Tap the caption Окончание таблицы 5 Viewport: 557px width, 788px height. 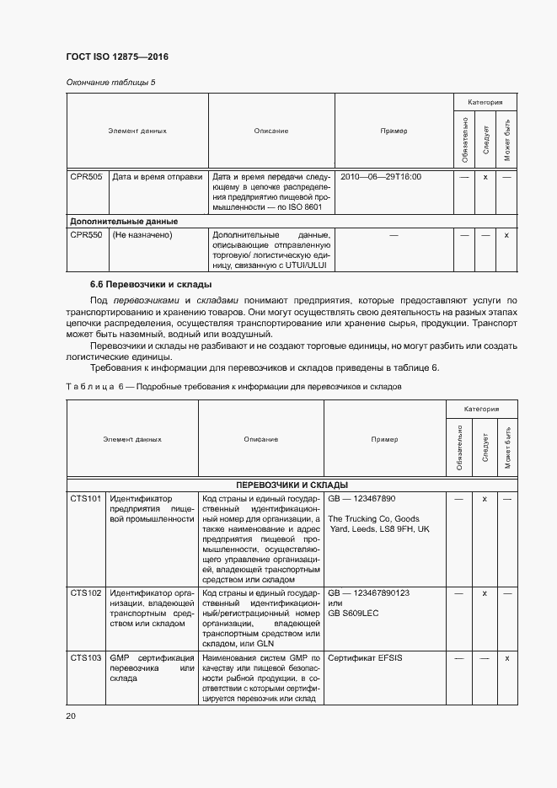(110, 82)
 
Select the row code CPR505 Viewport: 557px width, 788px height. (86, 177)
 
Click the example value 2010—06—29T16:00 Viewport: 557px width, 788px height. (379, 177)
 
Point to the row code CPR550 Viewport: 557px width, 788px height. (86, 235)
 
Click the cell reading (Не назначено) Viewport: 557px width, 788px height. (142, 235)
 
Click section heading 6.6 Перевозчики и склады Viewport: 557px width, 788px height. (151, 284)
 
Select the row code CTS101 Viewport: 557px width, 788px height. (86, 499)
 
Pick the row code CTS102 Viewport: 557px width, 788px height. (86, 593)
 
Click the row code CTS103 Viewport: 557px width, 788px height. (86, 657)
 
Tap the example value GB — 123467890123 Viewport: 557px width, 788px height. (368, 593)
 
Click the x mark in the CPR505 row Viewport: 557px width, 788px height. (485, 177)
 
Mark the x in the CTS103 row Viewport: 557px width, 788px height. (506, 657)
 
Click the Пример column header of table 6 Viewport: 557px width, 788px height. (384, 439)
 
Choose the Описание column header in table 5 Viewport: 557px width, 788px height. (271, 131)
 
